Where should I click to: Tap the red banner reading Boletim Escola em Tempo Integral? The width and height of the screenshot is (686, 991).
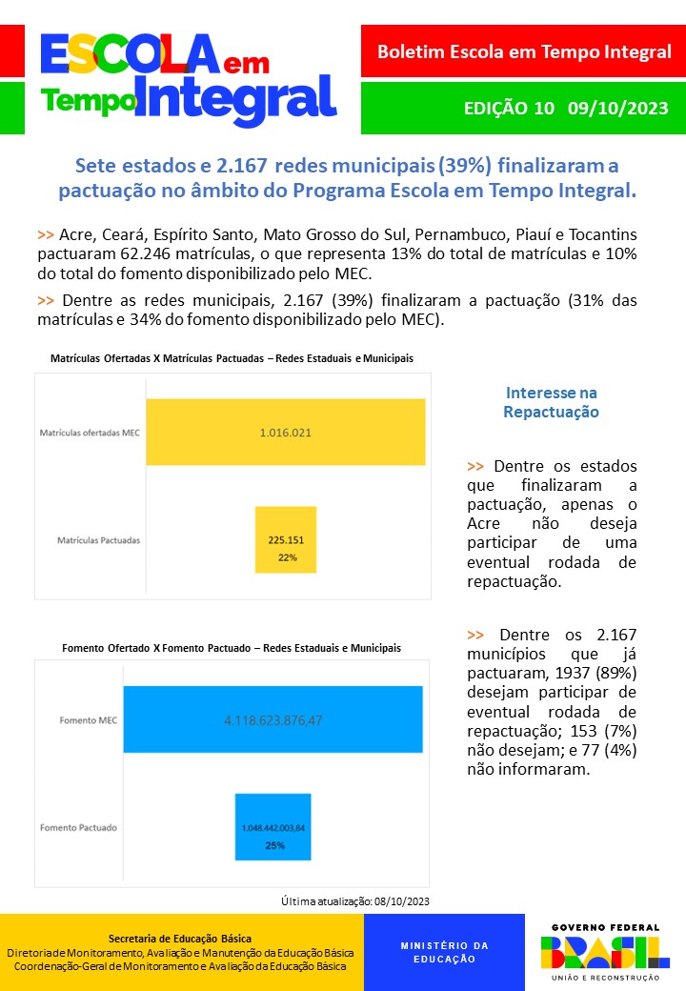pyautogui.click(x=523, y=51)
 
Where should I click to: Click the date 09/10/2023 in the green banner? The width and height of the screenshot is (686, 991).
pyautogui.click(x=617, y=108)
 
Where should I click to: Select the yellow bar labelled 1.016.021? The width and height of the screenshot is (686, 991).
pyautogui.click(x=285, y=433)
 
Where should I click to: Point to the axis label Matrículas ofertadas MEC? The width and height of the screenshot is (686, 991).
pyautogui.click(x=90, y=433)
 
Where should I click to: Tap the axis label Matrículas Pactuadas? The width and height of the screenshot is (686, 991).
pyautogui.click(x=98, y=540)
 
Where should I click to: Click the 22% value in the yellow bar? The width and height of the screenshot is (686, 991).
pyautogui.click(x=287, y=557)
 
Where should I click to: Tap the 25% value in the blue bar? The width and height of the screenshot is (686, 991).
pyautogui.click(x=273, y=845)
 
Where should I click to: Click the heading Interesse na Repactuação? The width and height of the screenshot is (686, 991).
pyautogui.click(x=551, y=403)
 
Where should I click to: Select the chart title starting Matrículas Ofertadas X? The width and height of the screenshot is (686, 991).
pyautogui.click(x=232, y=357)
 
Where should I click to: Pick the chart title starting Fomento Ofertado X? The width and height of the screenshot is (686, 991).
pyautogui.click(x=232, y=648)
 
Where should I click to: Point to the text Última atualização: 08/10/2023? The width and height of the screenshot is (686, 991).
pyautogui.click(x=355, y=900)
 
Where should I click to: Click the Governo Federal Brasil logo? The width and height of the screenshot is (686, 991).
pyautogui.click(x=605, y=951)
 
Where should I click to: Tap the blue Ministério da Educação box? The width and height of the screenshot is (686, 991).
pyautogui.click(x=444, y=952)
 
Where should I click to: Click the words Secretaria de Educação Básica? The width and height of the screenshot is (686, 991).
pyautogui.click(x=180, y=939)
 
